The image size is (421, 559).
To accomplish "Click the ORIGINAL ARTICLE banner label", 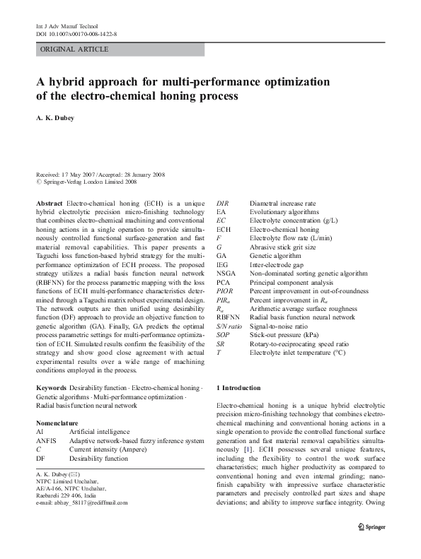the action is tap(74, 49).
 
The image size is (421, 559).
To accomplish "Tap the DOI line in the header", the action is tap(76, 33).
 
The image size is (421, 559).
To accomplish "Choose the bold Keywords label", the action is tap(52, 388).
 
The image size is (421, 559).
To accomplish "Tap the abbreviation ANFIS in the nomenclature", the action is tap(47, 440).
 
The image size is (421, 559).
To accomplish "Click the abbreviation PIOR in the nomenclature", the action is tap(225, 290).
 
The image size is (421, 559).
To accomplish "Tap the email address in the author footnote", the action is tap(81, 502).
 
